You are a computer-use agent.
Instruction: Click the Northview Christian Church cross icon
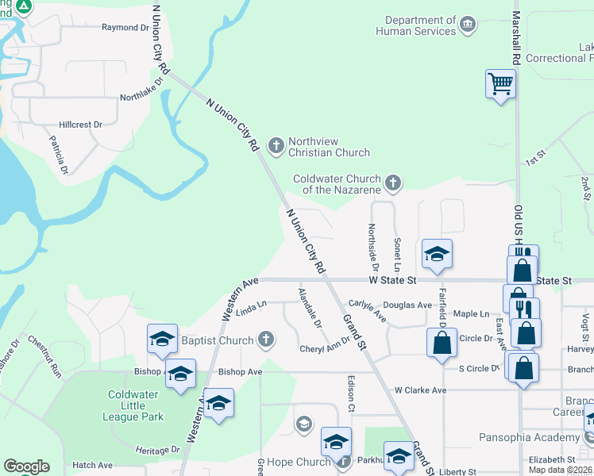(276, 145)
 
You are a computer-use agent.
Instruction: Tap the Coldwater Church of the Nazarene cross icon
(392, 184)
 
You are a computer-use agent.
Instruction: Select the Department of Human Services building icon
(468, 25)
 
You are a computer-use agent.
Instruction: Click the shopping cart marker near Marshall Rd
(500, 83)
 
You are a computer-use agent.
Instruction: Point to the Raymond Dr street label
(125, 27)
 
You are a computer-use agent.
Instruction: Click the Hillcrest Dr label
(81, 125)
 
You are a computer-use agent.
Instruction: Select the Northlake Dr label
(141, 89)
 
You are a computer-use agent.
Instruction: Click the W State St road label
(392, 280)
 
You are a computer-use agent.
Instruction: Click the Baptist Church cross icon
(265, 340)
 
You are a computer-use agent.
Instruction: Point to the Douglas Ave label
(407, 305)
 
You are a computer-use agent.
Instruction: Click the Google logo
(26, 466)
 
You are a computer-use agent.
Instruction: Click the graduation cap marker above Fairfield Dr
(437, 254)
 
